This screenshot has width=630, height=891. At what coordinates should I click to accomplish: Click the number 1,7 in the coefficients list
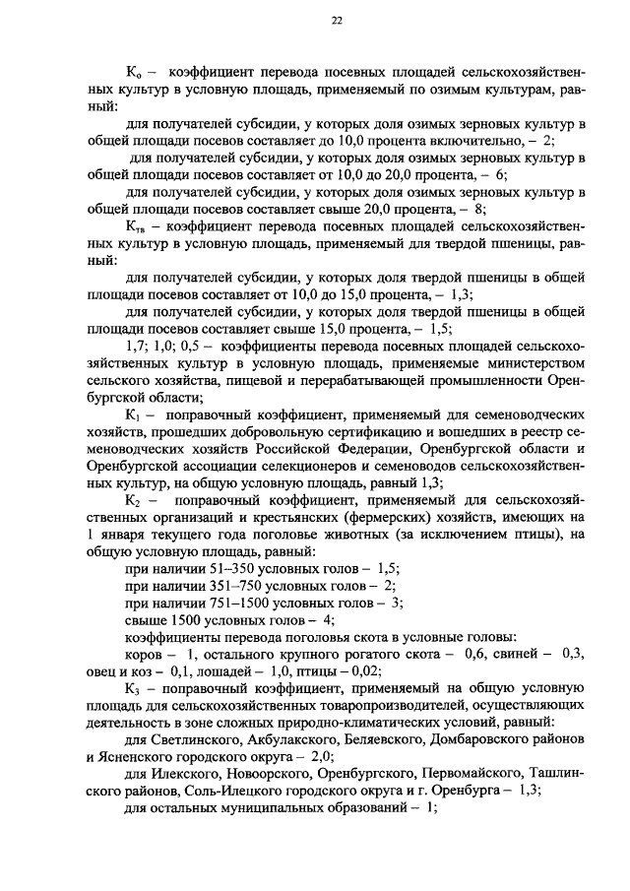[x=136, y=348]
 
